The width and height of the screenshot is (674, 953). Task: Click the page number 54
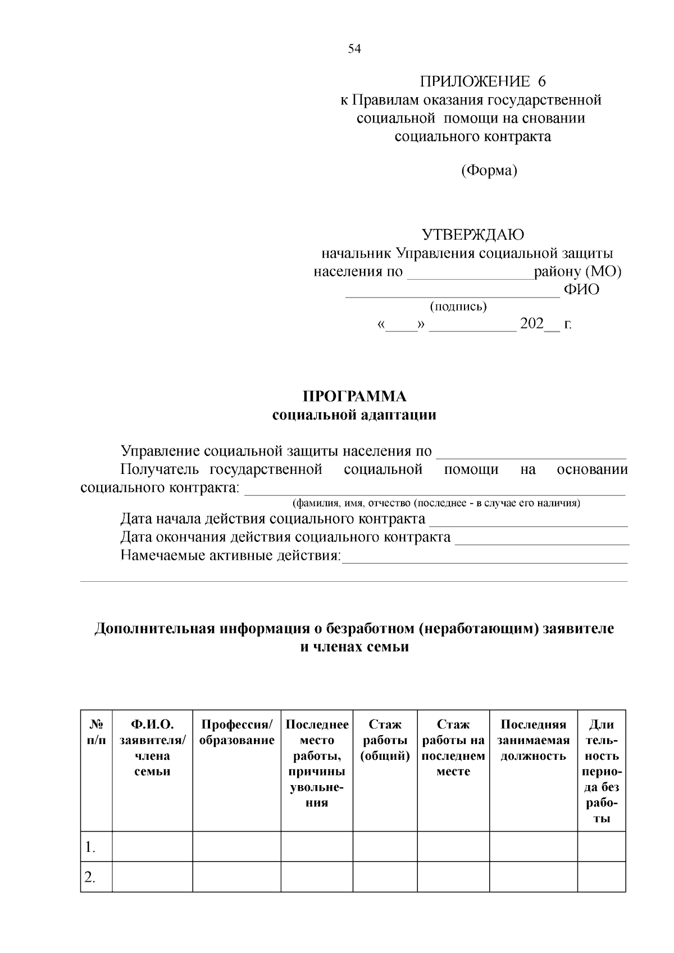pos(354,49)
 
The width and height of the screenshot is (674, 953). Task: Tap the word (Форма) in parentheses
pos(489,170)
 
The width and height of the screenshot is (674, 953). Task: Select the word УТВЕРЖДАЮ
pos(473,234)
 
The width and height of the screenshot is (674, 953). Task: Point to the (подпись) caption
pos(458,307)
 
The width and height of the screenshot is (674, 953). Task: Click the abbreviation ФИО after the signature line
pos(581,290)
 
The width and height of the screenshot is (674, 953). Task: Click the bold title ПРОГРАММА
pos(354,396)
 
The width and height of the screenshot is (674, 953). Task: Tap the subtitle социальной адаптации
pos(354,415)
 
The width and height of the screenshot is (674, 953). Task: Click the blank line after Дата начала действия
pos(528,521)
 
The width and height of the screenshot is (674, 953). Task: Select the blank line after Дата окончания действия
pos(542,540)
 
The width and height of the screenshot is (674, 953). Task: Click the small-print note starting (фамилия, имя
pos(436,503)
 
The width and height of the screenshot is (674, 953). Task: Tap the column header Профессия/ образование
pos(237,732)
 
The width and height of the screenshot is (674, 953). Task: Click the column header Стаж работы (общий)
pos(385,740)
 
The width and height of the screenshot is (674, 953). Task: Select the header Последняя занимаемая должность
pos(533,740)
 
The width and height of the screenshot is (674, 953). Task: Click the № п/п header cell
pos(96,732)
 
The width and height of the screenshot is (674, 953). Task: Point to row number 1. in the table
pos(90,847)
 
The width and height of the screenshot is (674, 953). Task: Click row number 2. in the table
pos(90,877)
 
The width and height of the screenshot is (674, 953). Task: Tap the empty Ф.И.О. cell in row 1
pos(152,846)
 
